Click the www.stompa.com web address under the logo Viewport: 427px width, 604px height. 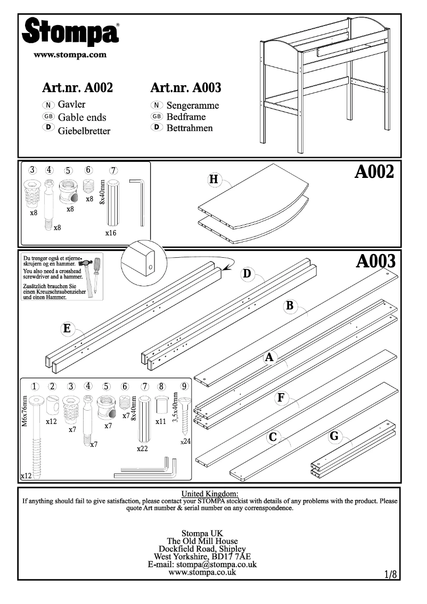pyautogui.click(x=70, y=54)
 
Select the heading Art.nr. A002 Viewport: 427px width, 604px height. pyautogui.click(x=77, y=87)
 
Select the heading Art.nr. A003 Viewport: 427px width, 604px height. pyautogui.click(x=186, y=87)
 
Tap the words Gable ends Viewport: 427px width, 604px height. pyautogui.click(x=82, y=117)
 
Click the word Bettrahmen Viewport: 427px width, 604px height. pyautogui.click(x=190, y=128)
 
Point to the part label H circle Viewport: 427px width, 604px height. pyautogui.click(x=214, y=180)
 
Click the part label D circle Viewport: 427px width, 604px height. pyautogui.click(x=247, y=274)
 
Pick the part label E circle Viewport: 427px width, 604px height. pyautogui.click(x=67, y=329)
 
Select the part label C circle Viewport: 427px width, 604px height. pyautogui.click(x=273, y=437)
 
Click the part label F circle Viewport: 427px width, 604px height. pyautogui.click(x=281, y=397)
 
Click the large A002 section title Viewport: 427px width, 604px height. pyautogui.click(x=374, y=172)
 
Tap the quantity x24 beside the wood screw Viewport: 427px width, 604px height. pyautogui.click(x=185, y=442)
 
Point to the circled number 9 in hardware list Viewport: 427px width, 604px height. pyautogui.click(x=184, y=387)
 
